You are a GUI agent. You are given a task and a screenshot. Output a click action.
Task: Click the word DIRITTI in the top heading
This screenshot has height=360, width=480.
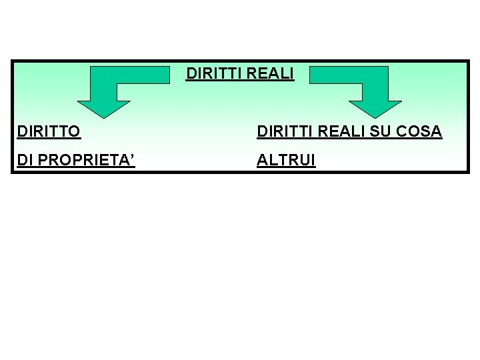point(210,74)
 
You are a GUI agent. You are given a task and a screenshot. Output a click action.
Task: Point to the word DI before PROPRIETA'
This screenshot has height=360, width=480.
point(25,161)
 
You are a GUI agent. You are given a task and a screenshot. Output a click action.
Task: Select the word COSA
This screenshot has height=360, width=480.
point(419,131)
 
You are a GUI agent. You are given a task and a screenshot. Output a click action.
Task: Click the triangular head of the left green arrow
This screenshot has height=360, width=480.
point(104,107)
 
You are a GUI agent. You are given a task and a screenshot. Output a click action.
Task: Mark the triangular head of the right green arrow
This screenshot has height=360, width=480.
point(375,107)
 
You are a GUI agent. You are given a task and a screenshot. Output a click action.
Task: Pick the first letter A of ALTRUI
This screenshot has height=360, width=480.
point(263,161)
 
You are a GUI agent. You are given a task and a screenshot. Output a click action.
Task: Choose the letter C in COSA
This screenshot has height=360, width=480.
point(403,131)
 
